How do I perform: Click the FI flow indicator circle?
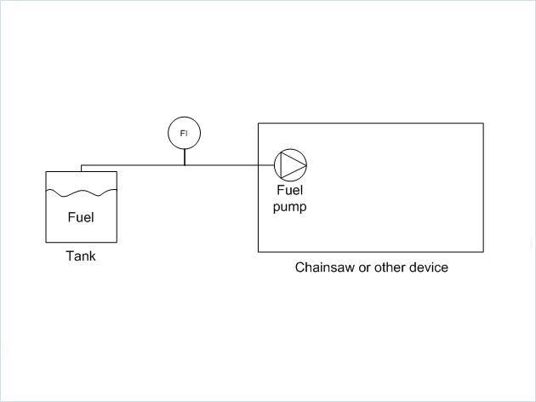[184, 134]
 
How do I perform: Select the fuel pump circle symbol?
[290, 164]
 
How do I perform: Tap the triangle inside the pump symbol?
[291, 164]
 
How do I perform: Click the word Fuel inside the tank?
[81, 217]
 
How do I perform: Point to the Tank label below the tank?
[81, 256]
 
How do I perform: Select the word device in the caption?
[428, 267]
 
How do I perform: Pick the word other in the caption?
[388, 267]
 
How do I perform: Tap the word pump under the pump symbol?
[289, 207]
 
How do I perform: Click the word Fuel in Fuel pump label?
[290, 191]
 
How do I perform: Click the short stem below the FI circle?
[184, 157]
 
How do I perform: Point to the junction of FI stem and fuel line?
[184, 164]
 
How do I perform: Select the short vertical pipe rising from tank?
[81, 168]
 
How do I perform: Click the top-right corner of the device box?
[483, 123]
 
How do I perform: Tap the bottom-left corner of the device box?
[259, 252]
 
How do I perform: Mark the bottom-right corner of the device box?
[483, 252]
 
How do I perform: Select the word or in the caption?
[367, 267]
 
